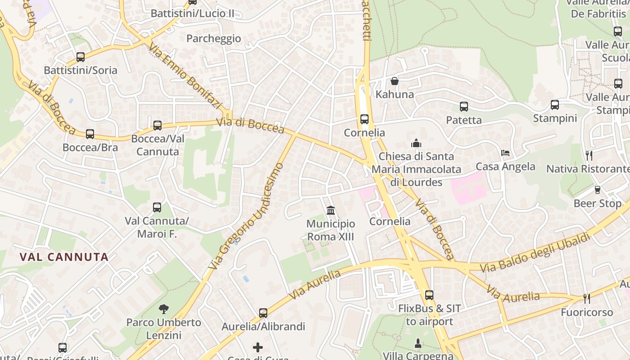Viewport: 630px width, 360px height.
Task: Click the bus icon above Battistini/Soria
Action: pyautogui.click(x=81, y=57)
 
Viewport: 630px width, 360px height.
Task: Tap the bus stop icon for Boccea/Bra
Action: pyautogui.click(x=90, y=134)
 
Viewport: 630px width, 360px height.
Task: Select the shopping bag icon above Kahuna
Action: pyautogui.click(x=395, y=81)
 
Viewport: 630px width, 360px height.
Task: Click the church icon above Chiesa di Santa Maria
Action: pyautogui.click(x=416, y=143)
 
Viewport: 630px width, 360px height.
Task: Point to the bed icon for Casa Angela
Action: pyautogui.click(x=505, y=153)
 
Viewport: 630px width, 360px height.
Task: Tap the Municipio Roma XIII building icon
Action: pyautogui.click(x=331, y=210)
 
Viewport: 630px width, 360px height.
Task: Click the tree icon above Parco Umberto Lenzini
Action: pyautogui.click(x=164, y=309)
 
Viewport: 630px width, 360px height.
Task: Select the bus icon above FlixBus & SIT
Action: pyautogui.click(x=429, y=295)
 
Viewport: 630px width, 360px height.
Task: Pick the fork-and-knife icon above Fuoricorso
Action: pyautogui.click(x=587, y=298)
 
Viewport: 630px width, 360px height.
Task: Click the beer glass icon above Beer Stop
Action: pyautogui.click(x=598, y=190)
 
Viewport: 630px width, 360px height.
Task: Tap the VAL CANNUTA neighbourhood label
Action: pyautogui.click(x=64, y=257)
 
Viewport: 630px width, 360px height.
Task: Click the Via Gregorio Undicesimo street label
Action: pyautogui.click(x=246, y=216)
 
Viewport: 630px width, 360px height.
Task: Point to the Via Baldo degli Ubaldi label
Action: pyautogui.click(x=535, y=252)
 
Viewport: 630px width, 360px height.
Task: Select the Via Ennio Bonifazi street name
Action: pyautogui.click(x=186, y=77)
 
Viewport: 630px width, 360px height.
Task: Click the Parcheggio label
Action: pyautogui.click(x=214, y=39)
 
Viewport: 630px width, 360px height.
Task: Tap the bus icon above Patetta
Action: pyautogui.click(x=464, y=107)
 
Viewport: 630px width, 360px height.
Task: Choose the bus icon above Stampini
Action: pyautogui.click(x=555, y=105)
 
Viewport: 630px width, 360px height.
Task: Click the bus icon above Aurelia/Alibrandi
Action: pyautogui.click(x=263, y=313)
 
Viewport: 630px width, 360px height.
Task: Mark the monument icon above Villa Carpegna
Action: pyautogui.click(x=418, y=343)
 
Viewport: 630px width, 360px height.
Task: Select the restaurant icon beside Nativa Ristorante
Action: pyautogui.click(x=589, y=156)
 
